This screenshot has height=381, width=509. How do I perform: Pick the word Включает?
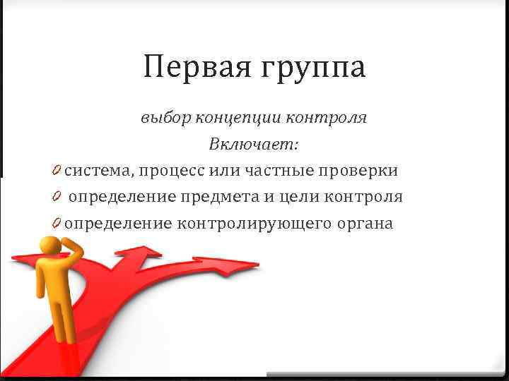pyautogui.click(x=254, y=145)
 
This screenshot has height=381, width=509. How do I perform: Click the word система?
pyautogui.click(x=98, y=171)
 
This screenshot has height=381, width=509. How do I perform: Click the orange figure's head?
pyautogui.click(x=51, y=248)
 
